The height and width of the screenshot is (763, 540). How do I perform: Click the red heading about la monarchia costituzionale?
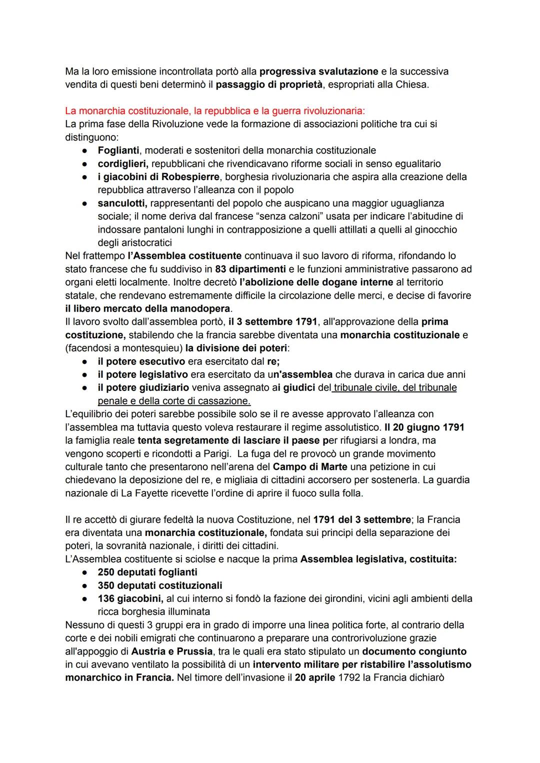[215, 111]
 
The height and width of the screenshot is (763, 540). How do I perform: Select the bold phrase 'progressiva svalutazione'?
[318, 72]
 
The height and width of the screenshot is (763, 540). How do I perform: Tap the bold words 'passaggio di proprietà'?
[269, 85]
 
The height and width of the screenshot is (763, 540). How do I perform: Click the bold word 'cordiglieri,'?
[123, 164]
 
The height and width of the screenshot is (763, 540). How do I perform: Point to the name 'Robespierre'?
[190, 177]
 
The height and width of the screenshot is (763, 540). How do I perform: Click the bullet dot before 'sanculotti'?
[86, 204]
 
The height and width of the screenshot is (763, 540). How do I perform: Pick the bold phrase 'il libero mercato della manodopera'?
[148, 308]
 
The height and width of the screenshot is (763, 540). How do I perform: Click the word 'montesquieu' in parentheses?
[155, 348]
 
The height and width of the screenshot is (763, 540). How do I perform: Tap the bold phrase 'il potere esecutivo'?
[141, 361]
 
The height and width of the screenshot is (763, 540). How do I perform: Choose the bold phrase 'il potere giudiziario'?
[143, 388]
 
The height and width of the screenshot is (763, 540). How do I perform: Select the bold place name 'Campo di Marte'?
[310, 467]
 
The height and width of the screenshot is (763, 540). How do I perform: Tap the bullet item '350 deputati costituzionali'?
[160, 585]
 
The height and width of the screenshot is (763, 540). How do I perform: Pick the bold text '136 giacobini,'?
[129, 598]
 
